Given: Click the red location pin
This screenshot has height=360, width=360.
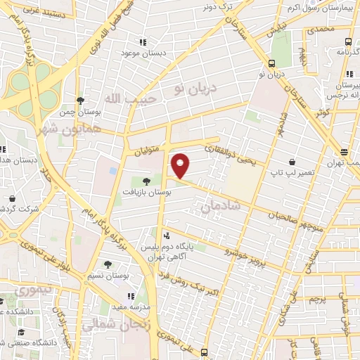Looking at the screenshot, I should click(181, 166).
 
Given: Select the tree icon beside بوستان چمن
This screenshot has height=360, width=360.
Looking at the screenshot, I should click(82, 101).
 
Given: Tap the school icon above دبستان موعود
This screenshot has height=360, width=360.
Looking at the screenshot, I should click(143, 41).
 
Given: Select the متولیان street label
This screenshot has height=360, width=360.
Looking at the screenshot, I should click(144, 149).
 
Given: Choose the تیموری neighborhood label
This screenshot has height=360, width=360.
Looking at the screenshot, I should click(34, 289).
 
